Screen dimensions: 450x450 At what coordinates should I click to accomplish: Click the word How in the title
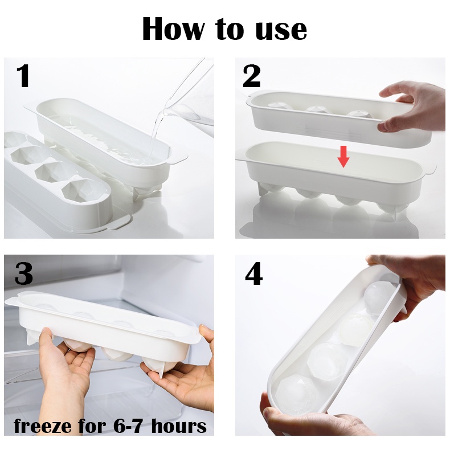coord(174,28)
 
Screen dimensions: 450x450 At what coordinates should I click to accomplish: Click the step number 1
coord(23,76)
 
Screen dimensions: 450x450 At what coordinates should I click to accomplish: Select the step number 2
coord(252,76)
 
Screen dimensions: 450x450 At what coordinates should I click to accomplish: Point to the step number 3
coord(23,273)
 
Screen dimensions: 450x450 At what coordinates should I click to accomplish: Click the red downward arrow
coord(343,157)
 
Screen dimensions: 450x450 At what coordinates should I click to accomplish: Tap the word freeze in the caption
coord(42,426)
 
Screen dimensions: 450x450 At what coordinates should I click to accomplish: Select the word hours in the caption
coord(179,426)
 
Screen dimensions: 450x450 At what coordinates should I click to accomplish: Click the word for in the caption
coord(92,426)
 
